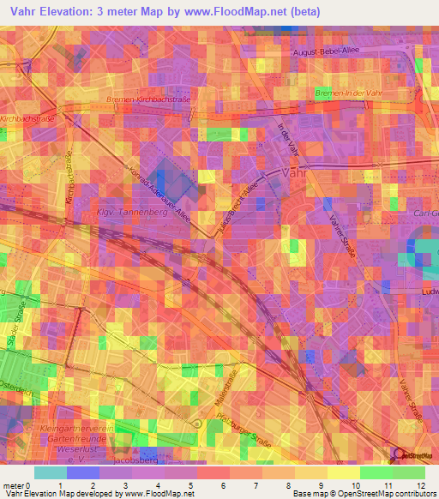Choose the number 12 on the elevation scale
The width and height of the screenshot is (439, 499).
pos(423,485)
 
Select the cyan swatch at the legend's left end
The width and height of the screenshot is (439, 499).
pos(51,472)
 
